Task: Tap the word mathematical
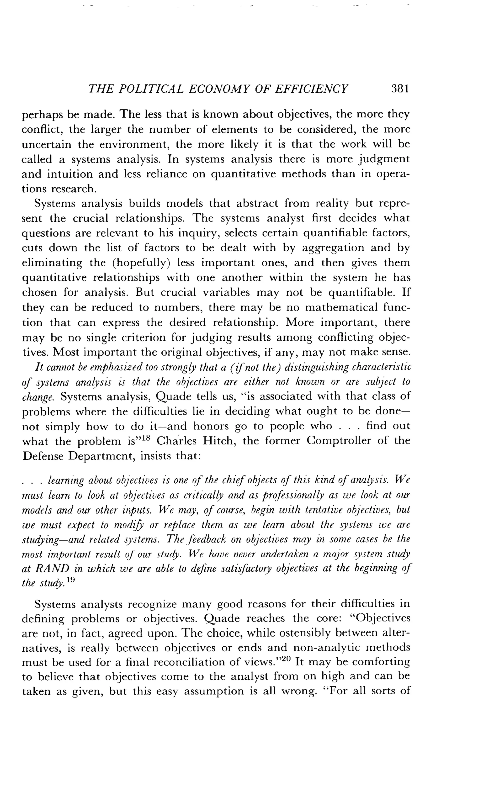point(341,308)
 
